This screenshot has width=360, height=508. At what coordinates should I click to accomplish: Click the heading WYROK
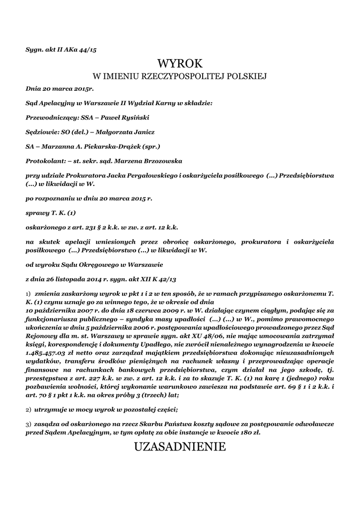coord(180,63)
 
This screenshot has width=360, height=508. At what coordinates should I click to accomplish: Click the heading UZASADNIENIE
coord(180,447)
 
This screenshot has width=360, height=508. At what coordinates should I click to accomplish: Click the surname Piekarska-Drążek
coord(110,147)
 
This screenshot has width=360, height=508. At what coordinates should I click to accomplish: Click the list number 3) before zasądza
coord(28,425)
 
